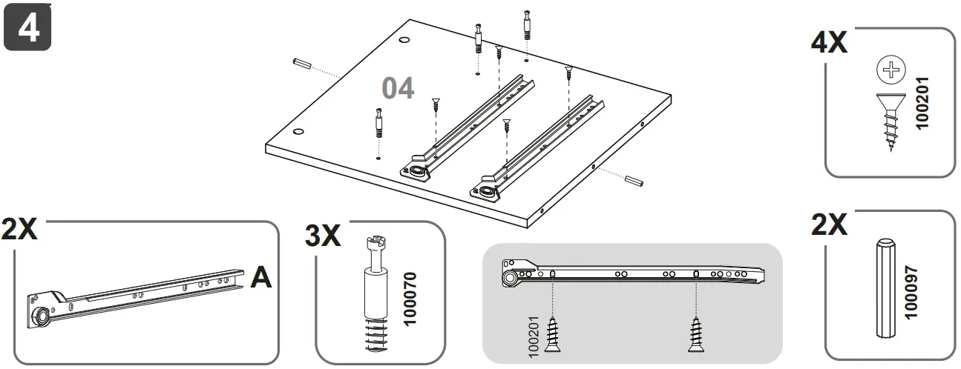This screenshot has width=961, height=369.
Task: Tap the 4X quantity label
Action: pyautogui.click(x=829, y=43)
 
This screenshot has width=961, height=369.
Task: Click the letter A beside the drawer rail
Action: pyautogui.click(x=260, y=276)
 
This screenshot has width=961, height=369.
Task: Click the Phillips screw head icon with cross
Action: pyautogui.click(x=891, y=72)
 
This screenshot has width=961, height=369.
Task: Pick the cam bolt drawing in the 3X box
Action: pyautogui.click(x=376, y=293)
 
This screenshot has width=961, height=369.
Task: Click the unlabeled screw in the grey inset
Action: pyautogui.click(x=695, y=334)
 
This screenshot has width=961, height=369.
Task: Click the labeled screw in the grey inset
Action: pyautogui.click(x=553, y=334)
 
